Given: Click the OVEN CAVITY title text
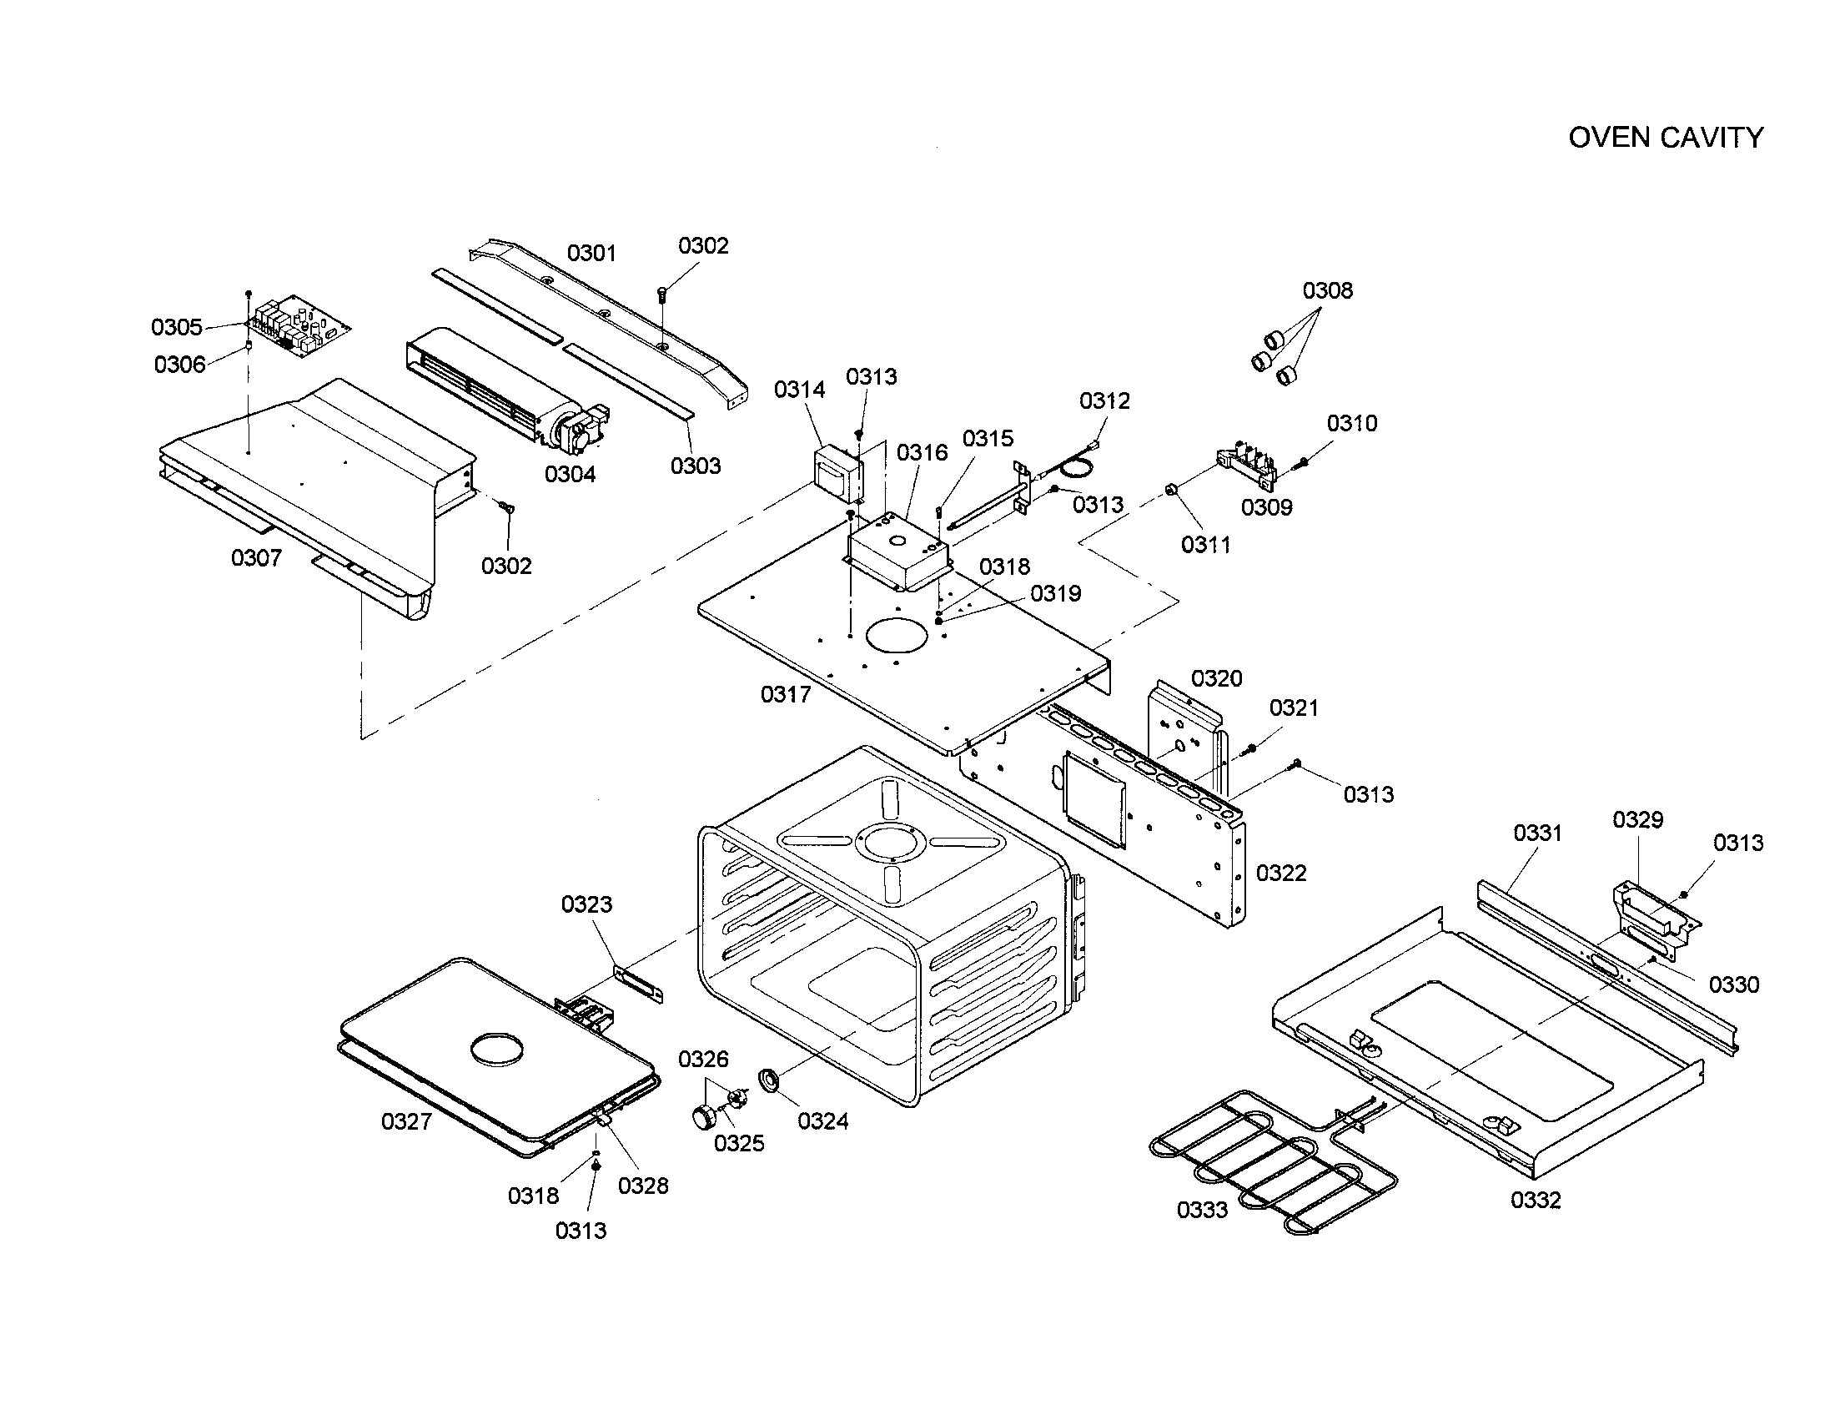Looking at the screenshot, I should (x=1666, y=138).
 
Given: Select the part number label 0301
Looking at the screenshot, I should (x=591, y=253).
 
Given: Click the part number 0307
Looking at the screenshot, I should (x=256, y=558).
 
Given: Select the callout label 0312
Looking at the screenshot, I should (x=1104, y=400).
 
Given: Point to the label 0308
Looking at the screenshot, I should (x=1328, y=290).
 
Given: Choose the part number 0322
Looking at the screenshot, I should (x=1281, y=873).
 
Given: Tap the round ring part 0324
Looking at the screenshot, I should (x=769, y=1080).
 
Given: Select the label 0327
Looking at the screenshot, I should (x=406, y=1121).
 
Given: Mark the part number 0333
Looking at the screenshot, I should (x=1201, y=1210).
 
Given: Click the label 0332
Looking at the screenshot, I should (x=1535, y=1200).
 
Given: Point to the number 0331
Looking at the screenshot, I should (x=1536, y=833).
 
